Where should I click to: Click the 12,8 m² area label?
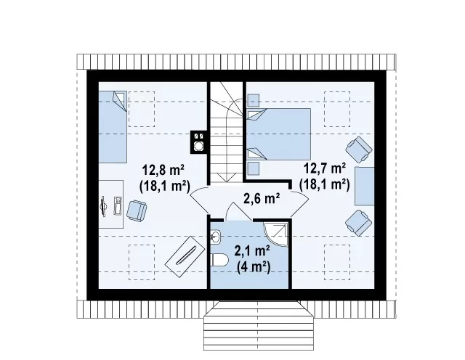pos(163,170)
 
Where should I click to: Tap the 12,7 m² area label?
pos(325,168)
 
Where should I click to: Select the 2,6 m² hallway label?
pos(262,198)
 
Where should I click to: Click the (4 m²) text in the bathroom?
pos(254,268)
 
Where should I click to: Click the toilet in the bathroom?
pos(219,261)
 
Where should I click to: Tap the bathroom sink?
pos(215,237)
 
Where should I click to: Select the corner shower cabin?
pos(276,234)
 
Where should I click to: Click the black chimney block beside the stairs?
pos(198,142)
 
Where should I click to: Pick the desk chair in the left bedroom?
pos(137,210)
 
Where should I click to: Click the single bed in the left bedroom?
pos(113,127)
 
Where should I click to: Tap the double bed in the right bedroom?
pos(279,134)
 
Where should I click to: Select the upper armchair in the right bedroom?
pos(359,150)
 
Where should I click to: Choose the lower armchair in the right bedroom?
pos(359,223)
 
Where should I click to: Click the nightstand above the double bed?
pos(254,100)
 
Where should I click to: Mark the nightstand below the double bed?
pos(254,168)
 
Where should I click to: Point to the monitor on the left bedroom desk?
pos(103,206)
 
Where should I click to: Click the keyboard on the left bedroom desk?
pos(118,205)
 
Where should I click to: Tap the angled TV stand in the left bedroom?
pos(185,257)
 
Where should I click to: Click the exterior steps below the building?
pos(259,326)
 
